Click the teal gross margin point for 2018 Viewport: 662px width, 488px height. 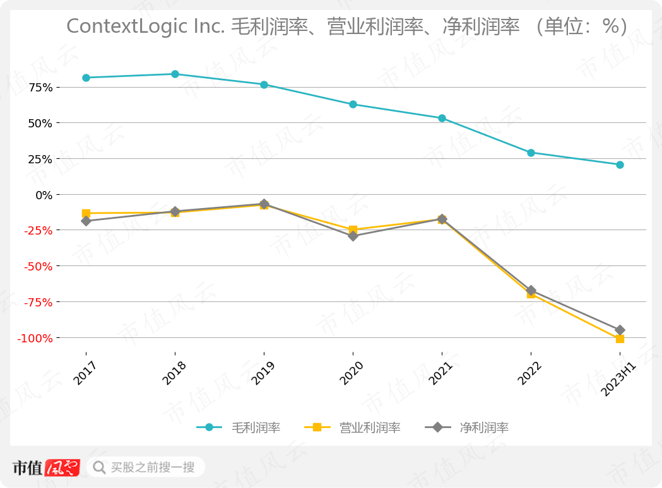coord(175,74)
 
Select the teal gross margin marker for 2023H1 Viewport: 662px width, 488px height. coord(620,165)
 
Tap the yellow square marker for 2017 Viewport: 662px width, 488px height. coord(86,213)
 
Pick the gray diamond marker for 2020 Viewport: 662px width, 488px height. coord(353,236)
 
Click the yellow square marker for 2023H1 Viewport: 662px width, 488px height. coord(620,339)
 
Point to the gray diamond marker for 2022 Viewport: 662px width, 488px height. coord(531,290)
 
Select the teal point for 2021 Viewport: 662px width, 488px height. coord(442,118)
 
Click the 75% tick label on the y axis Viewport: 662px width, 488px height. coord(40,87)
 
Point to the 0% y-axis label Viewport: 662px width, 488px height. coord(42,194)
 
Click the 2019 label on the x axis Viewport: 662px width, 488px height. coord(263,373)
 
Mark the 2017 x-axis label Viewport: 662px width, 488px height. coord(85,373)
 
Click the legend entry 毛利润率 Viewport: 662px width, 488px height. coord(255,427)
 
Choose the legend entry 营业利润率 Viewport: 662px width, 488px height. coord(370,427)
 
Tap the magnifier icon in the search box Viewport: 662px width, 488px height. coord(99,467)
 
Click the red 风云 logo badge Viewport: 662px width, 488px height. coord(62,467)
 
